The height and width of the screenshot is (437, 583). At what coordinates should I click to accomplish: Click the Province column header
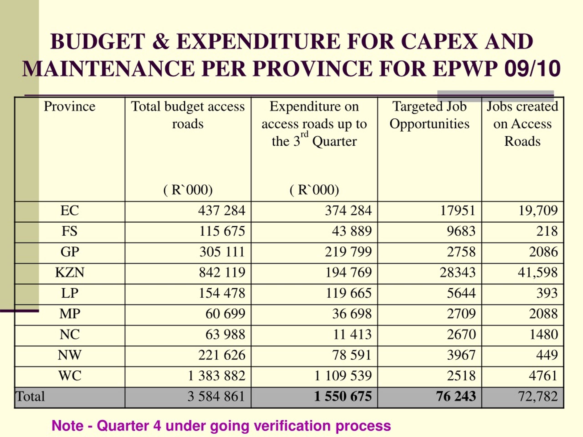pos(69,107)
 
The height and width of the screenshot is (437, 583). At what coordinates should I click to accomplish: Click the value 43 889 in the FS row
pos(352,231)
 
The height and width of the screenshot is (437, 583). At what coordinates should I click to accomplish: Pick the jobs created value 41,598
pos(538,273)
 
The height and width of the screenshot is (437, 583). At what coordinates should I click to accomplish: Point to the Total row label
pos(30,396)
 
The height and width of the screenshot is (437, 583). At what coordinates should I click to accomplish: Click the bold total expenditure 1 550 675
pos(343,396)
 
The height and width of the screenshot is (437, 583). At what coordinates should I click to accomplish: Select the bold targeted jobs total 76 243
pos(456,396)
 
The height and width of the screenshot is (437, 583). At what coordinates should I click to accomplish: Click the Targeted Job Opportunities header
pos(430,115)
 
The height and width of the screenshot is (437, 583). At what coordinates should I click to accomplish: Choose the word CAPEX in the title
pos(439,42)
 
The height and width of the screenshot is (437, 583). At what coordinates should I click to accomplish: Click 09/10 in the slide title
pos(532,69)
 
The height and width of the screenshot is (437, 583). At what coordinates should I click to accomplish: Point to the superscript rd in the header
pos(304,135)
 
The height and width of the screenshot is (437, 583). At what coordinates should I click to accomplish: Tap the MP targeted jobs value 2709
pos(461,314)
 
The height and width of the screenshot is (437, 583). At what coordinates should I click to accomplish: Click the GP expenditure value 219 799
pos(348,252)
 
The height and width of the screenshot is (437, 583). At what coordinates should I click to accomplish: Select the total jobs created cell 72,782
pos(538,396)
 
